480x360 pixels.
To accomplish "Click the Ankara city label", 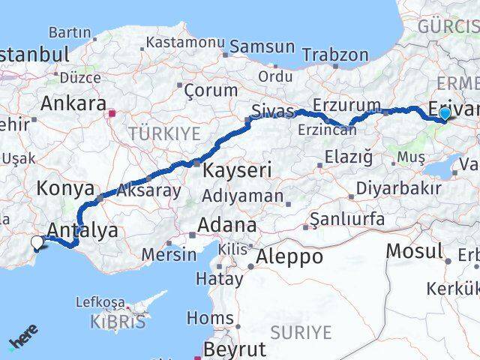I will point(73,103).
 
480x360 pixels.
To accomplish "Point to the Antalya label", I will point(82,230).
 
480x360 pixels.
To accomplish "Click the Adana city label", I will point(226,225).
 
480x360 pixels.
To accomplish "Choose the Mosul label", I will point(415,250).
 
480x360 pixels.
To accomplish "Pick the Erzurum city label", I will point(347,104).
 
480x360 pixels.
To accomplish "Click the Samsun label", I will point(262,46).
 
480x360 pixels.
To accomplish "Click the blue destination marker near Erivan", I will point(445,114).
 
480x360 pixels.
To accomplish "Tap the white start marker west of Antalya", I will point(37,241).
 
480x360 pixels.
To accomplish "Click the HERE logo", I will point(24,337).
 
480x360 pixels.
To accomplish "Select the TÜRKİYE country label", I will point(165,134).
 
